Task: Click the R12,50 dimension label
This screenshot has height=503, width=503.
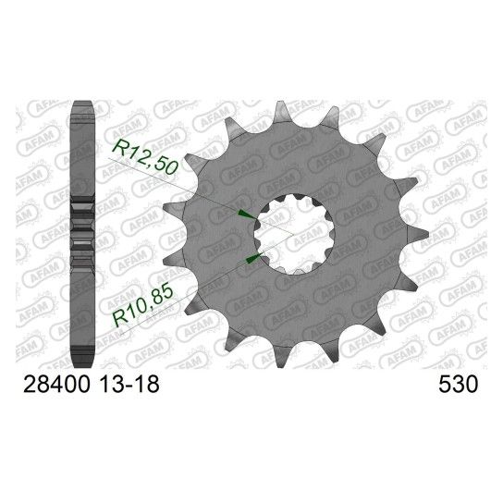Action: (x=144, y=157)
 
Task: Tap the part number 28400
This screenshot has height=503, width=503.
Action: (x=56, y=384)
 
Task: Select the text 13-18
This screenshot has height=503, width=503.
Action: (x=129, y=384)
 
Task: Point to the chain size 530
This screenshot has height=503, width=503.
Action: (x=458, y=384)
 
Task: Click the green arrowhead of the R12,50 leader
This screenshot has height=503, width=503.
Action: (x=246, y=214)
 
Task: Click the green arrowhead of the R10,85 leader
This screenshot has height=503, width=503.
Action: (x=254, y=258)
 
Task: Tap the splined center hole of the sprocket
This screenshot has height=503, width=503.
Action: (x=294, y=235)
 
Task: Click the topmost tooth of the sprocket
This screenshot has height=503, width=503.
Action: (x=281, y=111)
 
